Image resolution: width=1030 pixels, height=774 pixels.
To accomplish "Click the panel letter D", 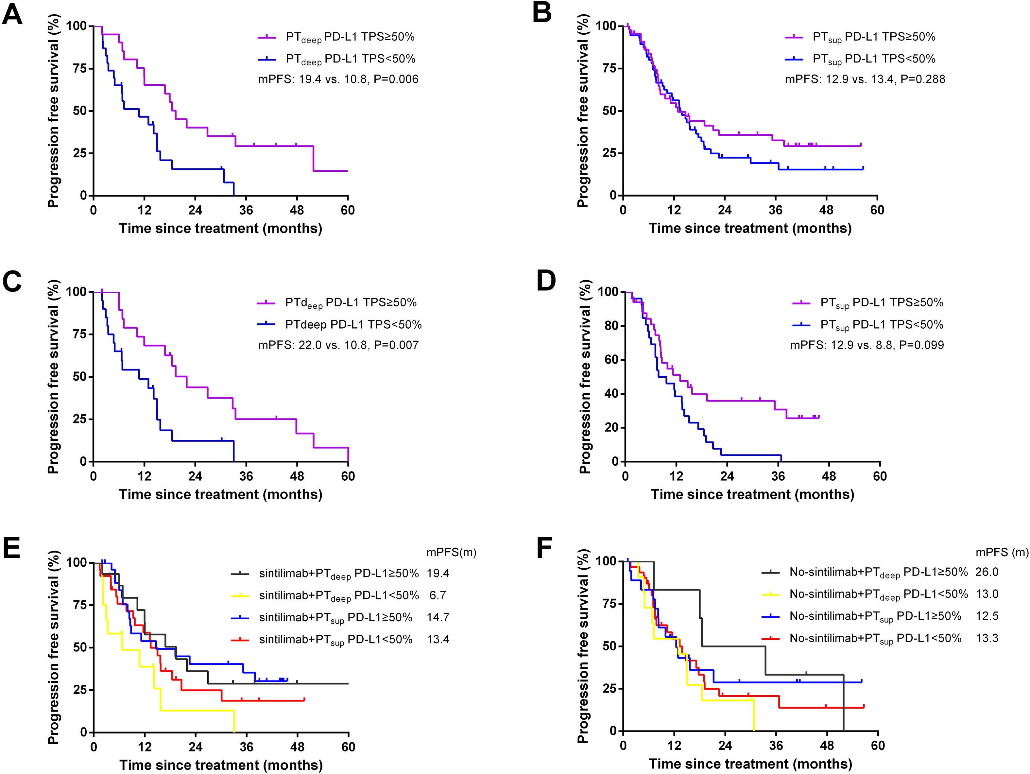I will (546, 281).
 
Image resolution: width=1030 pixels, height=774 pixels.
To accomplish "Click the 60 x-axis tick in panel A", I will (347, 211).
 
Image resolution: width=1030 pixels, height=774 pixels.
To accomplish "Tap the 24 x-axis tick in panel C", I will (195, 476).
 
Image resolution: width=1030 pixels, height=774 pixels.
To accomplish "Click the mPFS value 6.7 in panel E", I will (438, 595).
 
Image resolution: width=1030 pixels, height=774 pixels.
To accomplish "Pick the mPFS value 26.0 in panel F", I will (987, 572).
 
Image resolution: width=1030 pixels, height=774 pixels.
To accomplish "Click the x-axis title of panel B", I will (750, 229).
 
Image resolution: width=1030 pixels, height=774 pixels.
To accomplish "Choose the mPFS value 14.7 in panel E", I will (438, 617).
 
